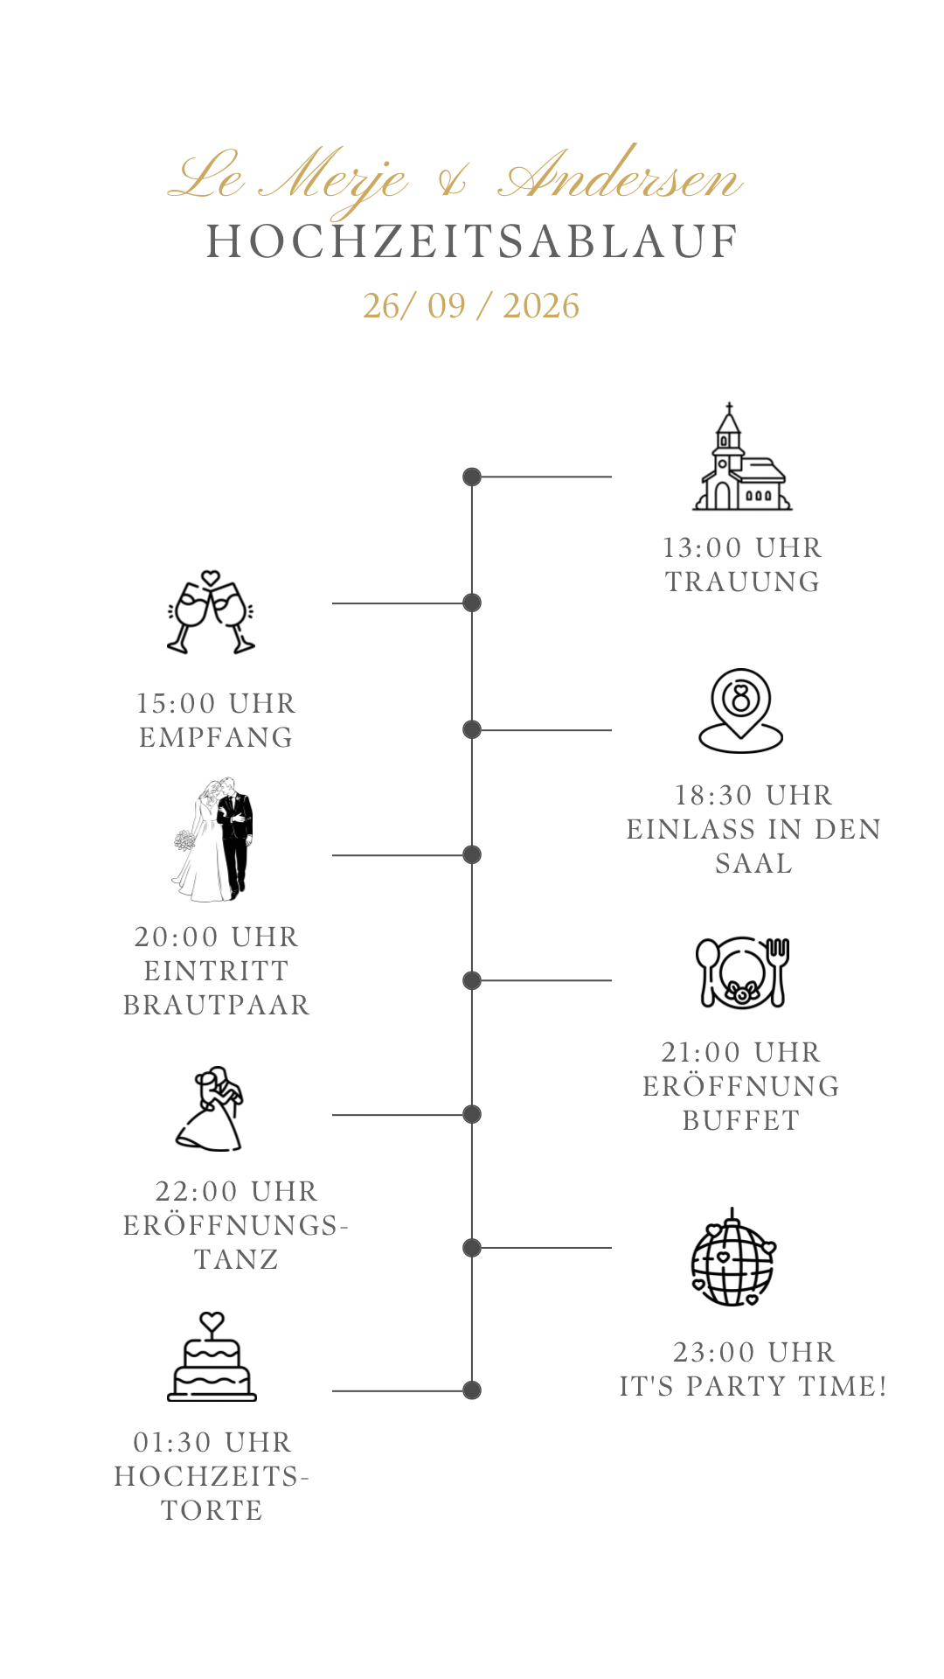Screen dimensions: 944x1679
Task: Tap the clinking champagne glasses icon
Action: click(x=211, y=612)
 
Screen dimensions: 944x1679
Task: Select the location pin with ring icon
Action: click(x=741, y=711)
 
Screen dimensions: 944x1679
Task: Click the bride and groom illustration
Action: click(x=213, y=839)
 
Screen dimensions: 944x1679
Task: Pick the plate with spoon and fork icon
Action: click(x=742, y=972)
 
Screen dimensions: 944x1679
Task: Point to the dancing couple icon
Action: click(x=210, y=1109)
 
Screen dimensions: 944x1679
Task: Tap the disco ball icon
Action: click(x=733, y=1258)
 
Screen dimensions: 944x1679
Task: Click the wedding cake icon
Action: click(x=212, y=1356)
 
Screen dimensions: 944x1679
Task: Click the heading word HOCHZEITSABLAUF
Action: click(x=472, y=242)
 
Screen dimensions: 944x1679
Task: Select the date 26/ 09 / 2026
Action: click(x=471, y=306)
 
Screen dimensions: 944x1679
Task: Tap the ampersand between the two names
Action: click(x=453, y=180)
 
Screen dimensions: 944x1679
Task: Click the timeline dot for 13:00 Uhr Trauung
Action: click(x=472, y=477)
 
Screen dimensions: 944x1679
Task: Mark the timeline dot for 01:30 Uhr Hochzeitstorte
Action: click(x=472, y=1390)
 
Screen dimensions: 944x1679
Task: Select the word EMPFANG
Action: click(x=216, y=737)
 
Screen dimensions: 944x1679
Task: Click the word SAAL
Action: click(x=753, y=863)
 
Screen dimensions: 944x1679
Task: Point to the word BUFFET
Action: click(x=741, y=1120)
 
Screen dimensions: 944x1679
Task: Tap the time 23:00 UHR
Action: click(x=754, y=1352)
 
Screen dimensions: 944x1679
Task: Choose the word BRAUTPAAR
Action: click(x=217, y=1005)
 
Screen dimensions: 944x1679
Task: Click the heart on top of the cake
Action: click(x=212, y=1321)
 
